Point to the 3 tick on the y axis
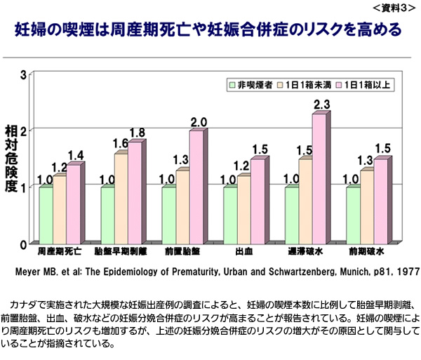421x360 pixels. (23, 75)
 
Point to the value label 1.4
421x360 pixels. (76, 155)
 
